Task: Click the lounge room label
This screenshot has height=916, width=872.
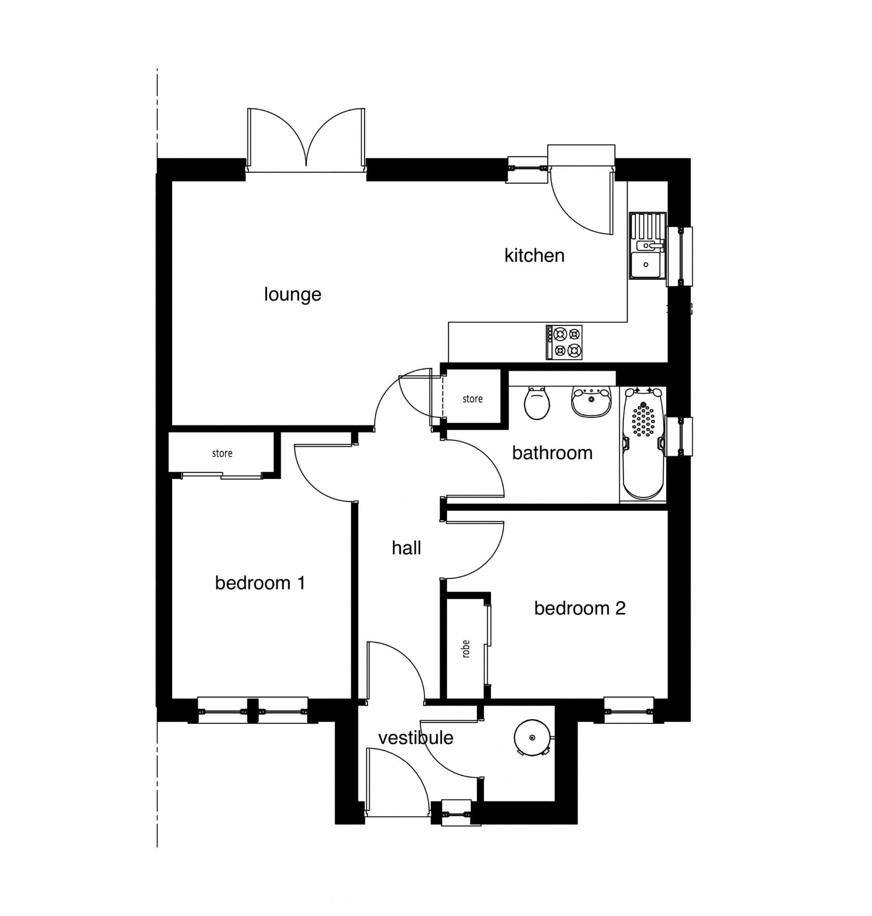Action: pos(292,294)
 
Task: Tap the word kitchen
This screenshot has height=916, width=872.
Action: pos(534,255)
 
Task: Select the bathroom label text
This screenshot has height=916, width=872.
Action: pos(552,453)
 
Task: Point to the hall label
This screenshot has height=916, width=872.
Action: pos(406,548)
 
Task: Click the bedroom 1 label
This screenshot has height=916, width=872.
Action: pos(260,583)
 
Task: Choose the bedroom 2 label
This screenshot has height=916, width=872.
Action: pos(580,608)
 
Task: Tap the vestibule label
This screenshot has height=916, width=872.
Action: pos(416,738)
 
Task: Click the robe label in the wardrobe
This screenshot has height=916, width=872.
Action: pos(466,649)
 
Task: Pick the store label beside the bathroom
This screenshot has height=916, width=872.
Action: pos(472,399)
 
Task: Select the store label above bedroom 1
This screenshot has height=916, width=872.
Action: pos(222,453)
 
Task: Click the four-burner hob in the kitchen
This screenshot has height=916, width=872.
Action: pos(564,342)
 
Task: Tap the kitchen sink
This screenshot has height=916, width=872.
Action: pos(647,246)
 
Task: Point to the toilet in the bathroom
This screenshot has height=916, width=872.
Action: pos(537,402)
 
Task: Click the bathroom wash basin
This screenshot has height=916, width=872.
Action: pos(591,402)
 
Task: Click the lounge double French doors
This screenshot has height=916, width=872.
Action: pos(306,139)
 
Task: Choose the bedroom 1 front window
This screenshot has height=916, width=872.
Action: pos(253,711)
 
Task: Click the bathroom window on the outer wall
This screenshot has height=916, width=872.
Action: pos(680,437)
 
